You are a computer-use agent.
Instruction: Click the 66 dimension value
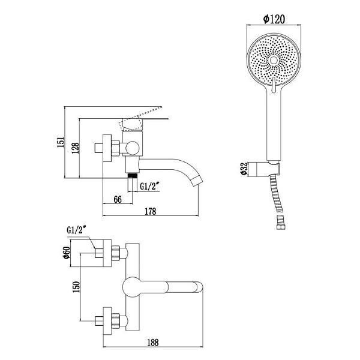(118, 199)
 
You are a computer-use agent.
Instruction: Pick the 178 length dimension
(151, 211)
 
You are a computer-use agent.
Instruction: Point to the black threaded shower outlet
(133, 176)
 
